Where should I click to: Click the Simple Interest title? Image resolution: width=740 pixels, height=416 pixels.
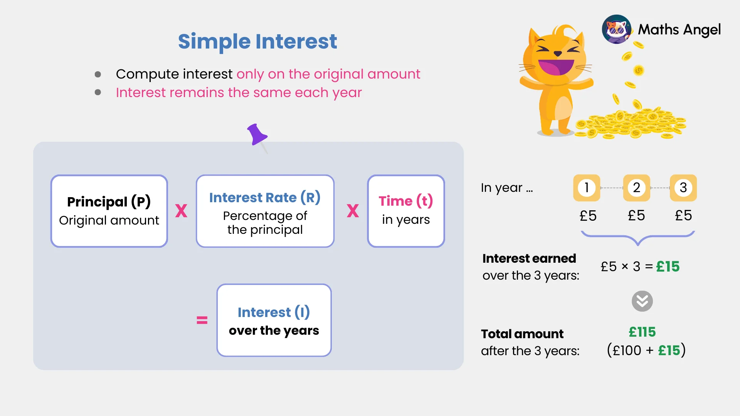pyautogui.click(x=257, y=42)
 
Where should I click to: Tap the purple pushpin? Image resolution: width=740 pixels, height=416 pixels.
pyautogui.click(x=256, y=135)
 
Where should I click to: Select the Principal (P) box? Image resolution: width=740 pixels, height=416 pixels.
pyautogui.click(x=109, y=211)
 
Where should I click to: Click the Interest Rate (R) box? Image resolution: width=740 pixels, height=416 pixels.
pyautogui.click(x=265, y=211)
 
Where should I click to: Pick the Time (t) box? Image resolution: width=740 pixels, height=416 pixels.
pyautogui.click(x=406, y=211)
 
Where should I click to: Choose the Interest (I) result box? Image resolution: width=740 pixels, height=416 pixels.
pyautogui.click(x=274, y=320)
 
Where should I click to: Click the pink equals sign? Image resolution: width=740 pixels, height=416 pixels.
pyautogui.click(x=202, y=320)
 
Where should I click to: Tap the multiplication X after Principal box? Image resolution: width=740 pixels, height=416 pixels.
pyautogui.click(x=181, y=211)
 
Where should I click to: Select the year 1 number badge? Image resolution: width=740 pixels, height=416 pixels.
pyautogui.click(x=586, y=188)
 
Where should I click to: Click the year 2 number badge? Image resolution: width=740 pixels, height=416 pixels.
pyautogui.click(x=636, y=188)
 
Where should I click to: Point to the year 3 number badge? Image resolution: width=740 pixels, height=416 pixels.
pyautogui.click(x=683, y=188)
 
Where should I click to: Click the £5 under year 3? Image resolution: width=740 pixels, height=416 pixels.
pyautogui.click(x=683, y=215)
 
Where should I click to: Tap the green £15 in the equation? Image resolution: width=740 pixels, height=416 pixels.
pyautogui.click(x=668, y=267)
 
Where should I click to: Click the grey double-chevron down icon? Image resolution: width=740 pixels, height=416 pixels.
pyautogui.click(x=642, y=301)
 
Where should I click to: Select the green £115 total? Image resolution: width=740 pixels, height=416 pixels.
pyautogui.click(x=642, y=332)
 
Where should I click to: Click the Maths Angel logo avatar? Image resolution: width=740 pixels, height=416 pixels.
pyautogui.click(x=616, y=29)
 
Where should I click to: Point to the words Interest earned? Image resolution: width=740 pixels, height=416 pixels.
pyautogui.click(x=529, y=258)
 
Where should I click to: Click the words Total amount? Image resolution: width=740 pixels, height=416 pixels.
pyautogui.click(x=522, y=334)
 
